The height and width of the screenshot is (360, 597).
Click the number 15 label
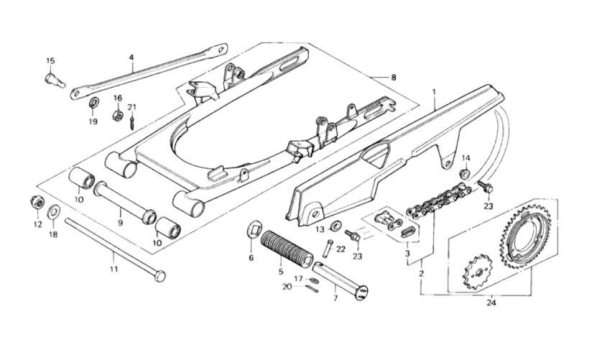(50, 61)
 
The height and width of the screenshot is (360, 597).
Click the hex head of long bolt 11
(160, 276)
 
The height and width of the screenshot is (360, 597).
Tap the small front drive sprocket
(478, 272)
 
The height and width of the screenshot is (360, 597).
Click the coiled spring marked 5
(287, 249)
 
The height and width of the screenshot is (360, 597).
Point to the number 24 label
(491, 304)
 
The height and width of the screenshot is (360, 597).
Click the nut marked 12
(37, 203)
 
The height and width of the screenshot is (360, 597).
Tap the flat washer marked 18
(53, 212)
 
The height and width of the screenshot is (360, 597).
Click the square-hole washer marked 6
(253, 229)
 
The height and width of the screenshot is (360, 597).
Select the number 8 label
(393, 78)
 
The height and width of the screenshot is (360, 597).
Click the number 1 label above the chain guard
(434, 92)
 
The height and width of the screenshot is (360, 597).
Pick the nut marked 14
(465, 173)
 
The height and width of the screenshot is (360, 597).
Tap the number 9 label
(120, 223)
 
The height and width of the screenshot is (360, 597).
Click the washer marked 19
(93, 103)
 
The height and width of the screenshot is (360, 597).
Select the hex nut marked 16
(118, 115)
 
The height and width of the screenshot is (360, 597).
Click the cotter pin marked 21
(131, 123)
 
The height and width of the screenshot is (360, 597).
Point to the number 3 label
(407, 254)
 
